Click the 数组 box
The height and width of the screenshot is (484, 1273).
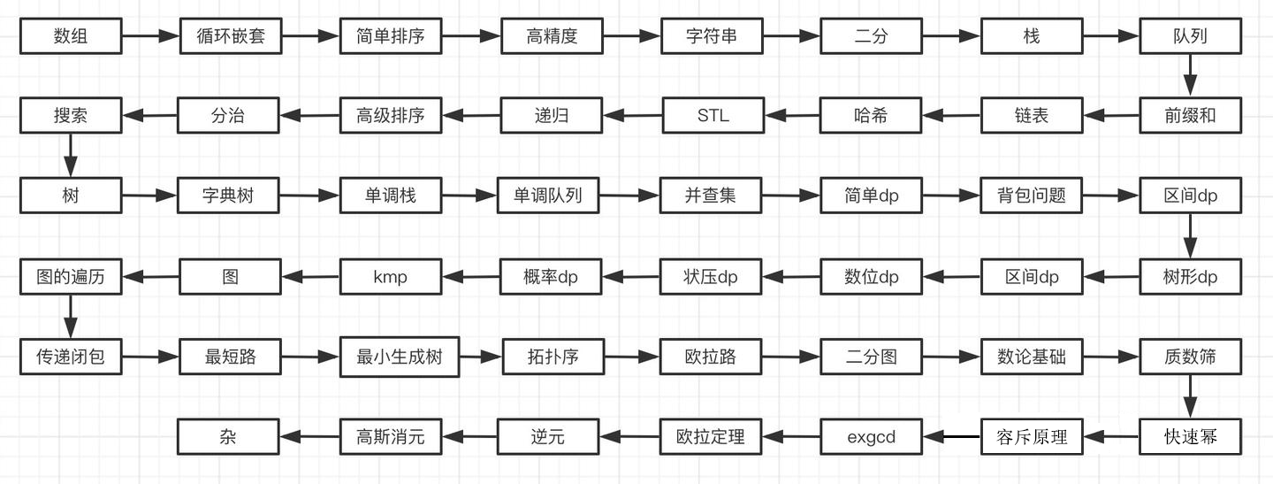click(x=71, y=36)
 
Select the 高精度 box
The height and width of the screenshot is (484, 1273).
click(x=552, y=36)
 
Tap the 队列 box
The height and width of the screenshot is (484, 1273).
click(x=1190, y=36)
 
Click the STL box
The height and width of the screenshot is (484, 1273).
click(x=713, y=115)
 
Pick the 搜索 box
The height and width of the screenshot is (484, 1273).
click(x=71, y=115)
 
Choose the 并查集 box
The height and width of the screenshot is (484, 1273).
click(x=710, y=196)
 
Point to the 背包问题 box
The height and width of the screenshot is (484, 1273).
click(x=1031, y=196)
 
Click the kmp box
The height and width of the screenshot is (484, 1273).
click(x=390, y=277)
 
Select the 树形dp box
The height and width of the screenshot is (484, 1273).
click(x=1190, y=277)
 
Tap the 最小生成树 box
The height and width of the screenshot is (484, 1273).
click(x=399, y=357)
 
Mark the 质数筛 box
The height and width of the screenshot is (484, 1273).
click(x=1190, y=357)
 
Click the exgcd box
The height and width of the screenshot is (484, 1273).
click(x=872, y=436)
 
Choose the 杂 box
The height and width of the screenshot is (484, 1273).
click(x=228, y=436)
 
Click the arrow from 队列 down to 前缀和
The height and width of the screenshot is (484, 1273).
click(x=1190, y=75)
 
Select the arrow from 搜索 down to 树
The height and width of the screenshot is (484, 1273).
click(x=71, y=156)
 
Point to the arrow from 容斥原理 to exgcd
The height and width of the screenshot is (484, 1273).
click(x=952, y=436)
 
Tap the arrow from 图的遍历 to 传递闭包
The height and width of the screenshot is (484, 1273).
click(x=71, y=317)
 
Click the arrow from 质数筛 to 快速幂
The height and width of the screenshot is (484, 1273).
click(x=1190, y=396)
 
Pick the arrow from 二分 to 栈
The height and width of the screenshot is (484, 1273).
click(x=951, y=36)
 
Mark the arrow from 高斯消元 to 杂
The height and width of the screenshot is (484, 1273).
click(x=310, y=436)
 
